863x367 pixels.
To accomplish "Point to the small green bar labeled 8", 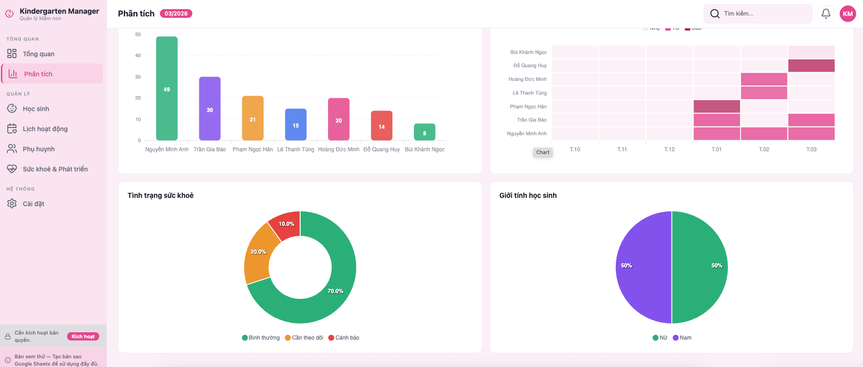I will [424, 132].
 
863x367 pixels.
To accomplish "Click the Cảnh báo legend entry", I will [344, 338].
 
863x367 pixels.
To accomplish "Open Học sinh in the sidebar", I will [36, 109].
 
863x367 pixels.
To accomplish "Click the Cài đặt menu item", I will [33, 204].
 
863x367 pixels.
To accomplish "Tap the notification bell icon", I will [826, 14].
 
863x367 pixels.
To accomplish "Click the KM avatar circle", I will [848, 14].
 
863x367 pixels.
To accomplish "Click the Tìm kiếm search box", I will [758, 14].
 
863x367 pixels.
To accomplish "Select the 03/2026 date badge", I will [176, 14].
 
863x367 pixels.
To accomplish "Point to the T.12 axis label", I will [669, 149].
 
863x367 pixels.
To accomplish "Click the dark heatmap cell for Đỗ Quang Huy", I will [811, 66].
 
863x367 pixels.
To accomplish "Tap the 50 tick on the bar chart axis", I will [138, 34].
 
